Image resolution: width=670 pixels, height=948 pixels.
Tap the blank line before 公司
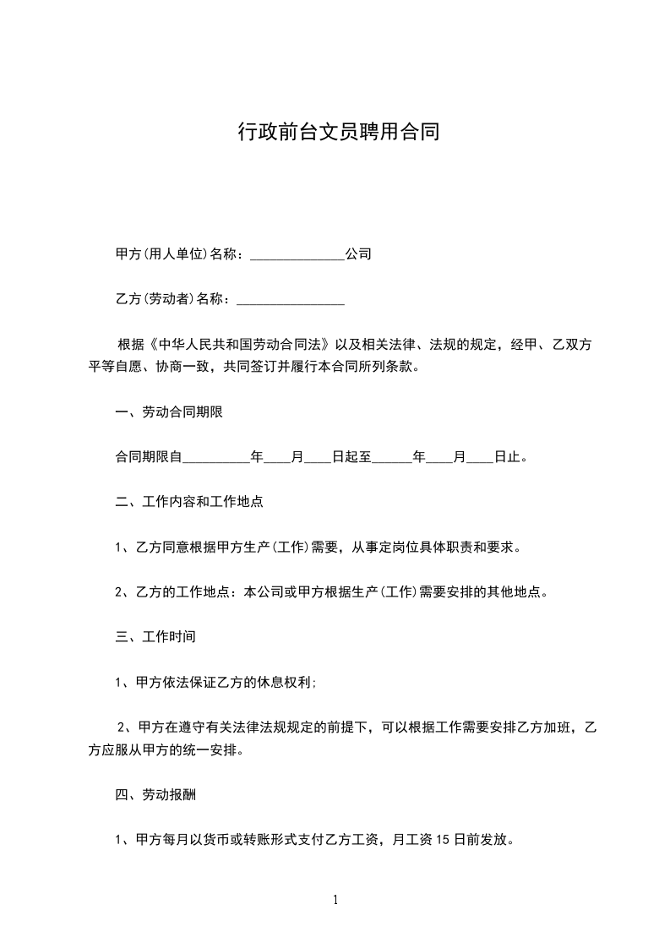coord(297,254)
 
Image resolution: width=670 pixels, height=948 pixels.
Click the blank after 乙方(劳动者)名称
coord(291,299)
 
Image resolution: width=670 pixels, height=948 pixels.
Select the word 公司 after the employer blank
coord(358,253)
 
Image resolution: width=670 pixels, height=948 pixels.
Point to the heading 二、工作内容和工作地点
coord(189,501)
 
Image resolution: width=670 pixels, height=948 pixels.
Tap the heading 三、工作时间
coord(155,635)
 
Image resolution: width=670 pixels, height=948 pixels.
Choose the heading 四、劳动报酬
coord(155,795)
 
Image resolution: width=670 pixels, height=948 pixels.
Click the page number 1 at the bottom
coord(335,900)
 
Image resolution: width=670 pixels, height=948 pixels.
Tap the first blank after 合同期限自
coord(216,457)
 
